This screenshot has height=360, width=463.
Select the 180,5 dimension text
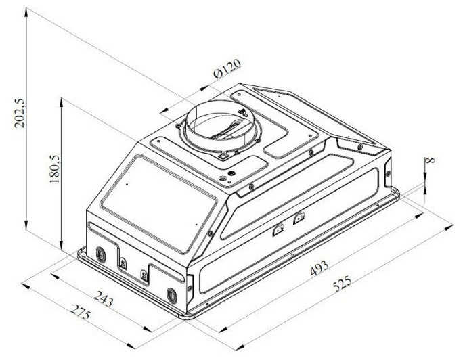[55, 168]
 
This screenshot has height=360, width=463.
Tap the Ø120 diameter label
[227, 68]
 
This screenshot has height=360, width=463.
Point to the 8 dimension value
[431, 160]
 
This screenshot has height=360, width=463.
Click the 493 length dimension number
[319, 268]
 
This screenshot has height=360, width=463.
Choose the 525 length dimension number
[343, 283]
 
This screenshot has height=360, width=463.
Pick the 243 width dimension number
[104, 298]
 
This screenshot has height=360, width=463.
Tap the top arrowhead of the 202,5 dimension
[26, 12]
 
